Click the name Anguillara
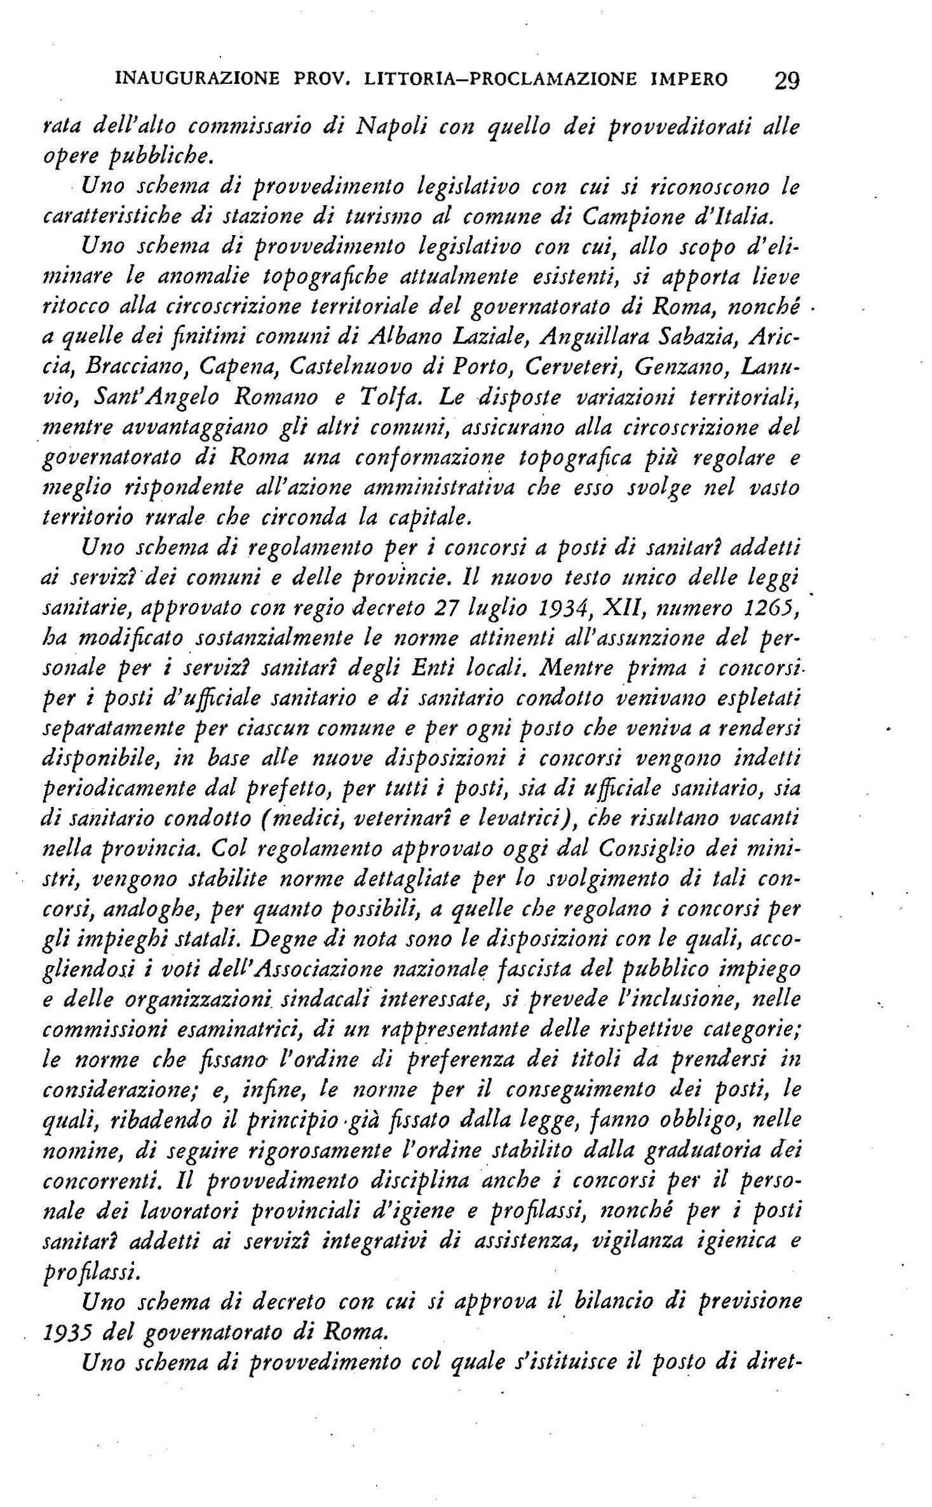pos(590,337)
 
